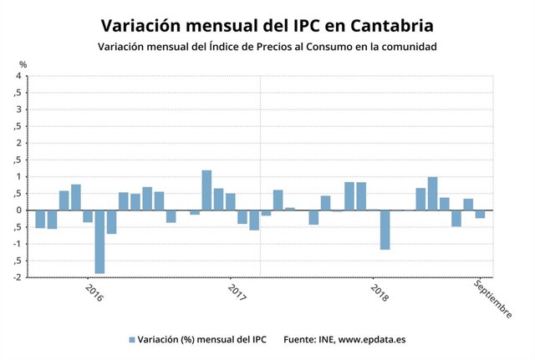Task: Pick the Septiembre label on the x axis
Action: pyautogui.click(x=492, y=298)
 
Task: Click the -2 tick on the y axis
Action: pyautogui.click(x=16, y=276)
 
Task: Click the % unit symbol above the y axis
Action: pyautogui.click(x=23, y=64)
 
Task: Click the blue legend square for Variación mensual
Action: pyautogui.click(x=131, y=340)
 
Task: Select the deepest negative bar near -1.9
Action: pyautogui.click(x=99, y=241)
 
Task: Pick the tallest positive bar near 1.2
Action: pyautogui.click(x=206, y=190)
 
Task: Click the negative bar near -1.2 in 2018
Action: pyautogui.click(x=385, y=229)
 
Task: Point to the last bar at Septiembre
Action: pyautogui.click(x=480, y=214)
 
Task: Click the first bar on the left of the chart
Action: pyautogui.click(x=40, y=218)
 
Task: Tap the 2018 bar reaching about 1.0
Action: pyautogui.click(x=432, y=193)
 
